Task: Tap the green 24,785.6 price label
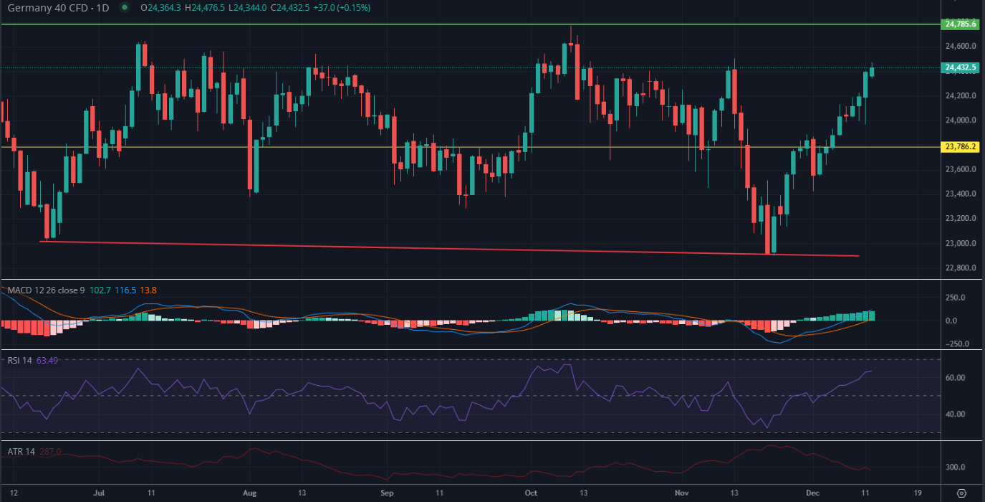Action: tap(961, 24)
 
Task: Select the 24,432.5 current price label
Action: tap(961, 68)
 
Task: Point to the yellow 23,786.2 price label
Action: tap(961, 147)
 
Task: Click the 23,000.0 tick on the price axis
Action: tap(960, 243)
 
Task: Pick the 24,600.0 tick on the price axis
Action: tap(960, 47)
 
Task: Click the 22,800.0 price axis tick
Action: tap(960, 268)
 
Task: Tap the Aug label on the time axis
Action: tap(249, 493)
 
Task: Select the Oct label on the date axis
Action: tap(531, 493)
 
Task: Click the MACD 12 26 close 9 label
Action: tap(46, 290)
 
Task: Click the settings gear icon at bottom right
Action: tap(961, 493)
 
